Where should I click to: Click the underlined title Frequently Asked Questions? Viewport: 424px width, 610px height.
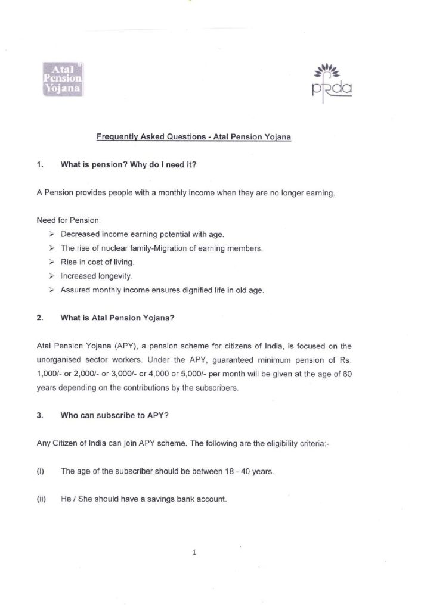pyautogui.click(x=194, y=136)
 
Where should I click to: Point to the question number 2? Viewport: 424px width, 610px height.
pyautogui.click(x=39, y=318)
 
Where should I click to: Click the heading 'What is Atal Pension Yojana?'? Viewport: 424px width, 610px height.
pyautogui.click(x=117, y=318)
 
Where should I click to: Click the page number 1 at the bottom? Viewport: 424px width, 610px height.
pyautogui.click(x=195, y=553)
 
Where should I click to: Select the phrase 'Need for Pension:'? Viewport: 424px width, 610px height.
pyautogui.click(x=63, y=220)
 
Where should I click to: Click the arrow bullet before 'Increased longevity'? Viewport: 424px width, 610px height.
pyautogui.click(x=52, y=276)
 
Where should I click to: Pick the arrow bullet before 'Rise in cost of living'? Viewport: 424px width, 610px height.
pyautogui.click(x=52, y=263)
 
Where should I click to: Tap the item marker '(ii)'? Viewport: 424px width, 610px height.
pyautogui.click(x=41, y=499)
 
